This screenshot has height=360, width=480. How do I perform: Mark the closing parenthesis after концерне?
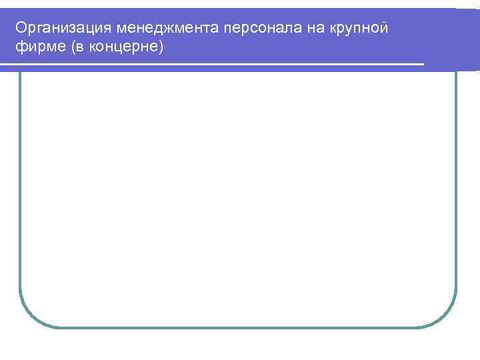click(160, 47)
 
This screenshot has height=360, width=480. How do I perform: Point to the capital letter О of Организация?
click(21, 28)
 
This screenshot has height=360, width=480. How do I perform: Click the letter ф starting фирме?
click(20, 47)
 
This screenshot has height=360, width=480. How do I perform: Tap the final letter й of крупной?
click(383, 28)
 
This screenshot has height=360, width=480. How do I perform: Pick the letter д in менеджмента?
click(159, 28)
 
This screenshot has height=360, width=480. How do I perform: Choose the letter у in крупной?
click(347, 28)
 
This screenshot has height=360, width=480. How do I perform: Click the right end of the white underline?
click(422, 65)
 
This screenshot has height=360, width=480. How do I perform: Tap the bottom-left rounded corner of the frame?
click(28, 319)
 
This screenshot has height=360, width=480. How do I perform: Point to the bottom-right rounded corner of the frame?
click(447, 319)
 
